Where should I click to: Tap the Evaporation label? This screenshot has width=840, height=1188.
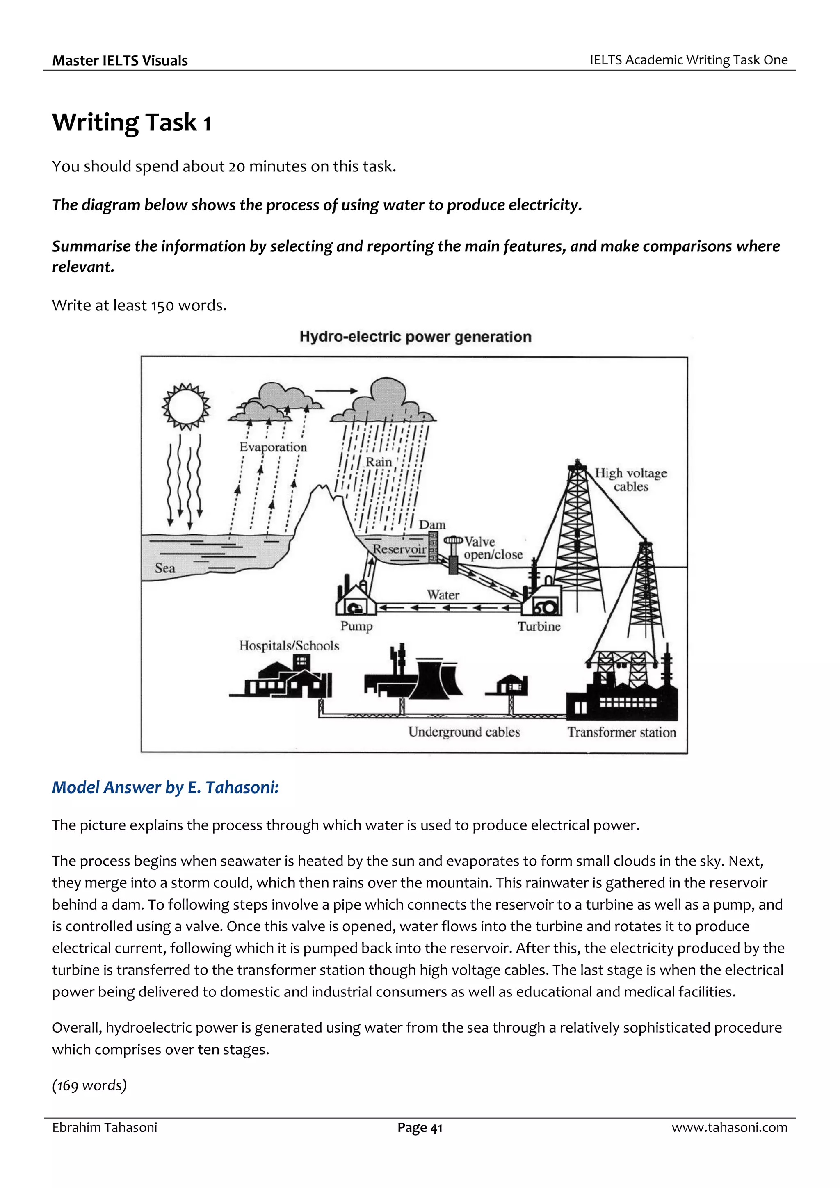coord(273,447)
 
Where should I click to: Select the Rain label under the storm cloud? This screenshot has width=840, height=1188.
coord(379,462)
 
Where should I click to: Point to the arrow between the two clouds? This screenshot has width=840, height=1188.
coord(336,391)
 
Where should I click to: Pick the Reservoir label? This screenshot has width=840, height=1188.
coord(399,549)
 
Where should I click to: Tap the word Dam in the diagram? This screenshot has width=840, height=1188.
coord(432,524)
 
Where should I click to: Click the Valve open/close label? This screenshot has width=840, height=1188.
coord(492,548)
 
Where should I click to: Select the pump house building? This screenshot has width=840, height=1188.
coord(356,601)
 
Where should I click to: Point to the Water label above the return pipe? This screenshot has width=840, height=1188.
coord(443,595)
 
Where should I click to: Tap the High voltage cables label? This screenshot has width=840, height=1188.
coord(630,480)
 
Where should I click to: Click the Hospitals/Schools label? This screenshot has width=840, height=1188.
coord(289,646)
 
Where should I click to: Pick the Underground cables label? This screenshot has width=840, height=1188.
coord(464,732)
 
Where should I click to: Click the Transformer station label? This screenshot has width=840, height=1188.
coord(621,732)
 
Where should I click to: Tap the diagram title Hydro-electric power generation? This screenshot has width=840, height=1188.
coord(415,337)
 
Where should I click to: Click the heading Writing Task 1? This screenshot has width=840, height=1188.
coord(132,123)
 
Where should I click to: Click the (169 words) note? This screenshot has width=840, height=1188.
coord(89,1085)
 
